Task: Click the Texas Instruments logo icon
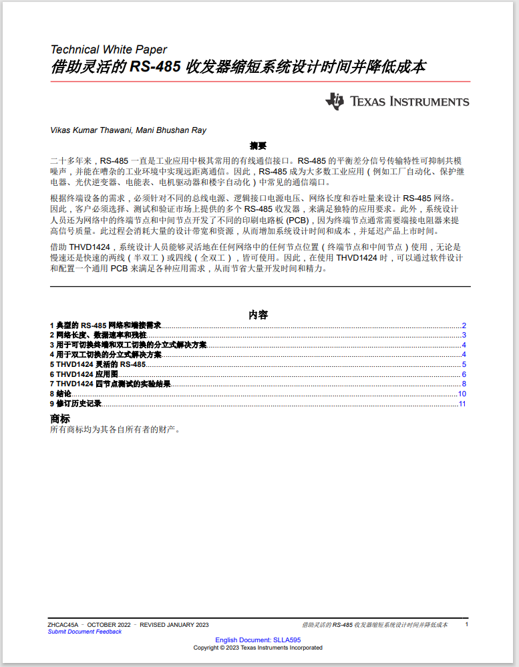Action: pos(335,102)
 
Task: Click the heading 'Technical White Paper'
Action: pos(109,49)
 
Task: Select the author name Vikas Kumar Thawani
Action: pos(91,130)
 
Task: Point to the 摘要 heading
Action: pos(258,145)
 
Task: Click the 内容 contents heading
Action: pos(258,314)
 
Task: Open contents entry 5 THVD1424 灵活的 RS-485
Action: pos(98,364)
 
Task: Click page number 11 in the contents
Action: pos(462,404)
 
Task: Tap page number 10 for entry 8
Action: pos(462,394)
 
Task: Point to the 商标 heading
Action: pos(59,418)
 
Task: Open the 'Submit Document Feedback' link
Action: pos(85,632)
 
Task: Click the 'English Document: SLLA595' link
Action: pos(258,640)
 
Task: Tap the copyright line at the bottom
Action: pos(258,648)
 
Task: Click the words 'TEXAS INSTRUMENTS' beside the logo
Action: pos(409,102)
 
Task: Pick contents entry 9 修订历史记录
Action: pos(75,404)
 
